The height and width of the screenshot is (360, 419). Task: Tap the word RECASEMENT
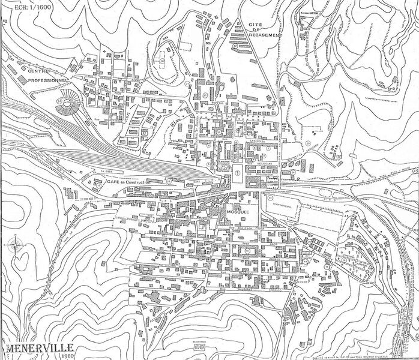264,35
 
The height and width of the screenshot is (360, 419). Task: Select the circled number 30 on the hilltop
163,60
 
